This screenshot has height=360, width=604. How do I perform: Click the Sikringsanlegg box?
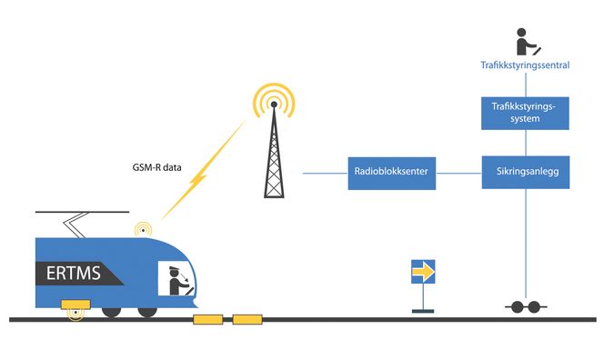tap(525, 171)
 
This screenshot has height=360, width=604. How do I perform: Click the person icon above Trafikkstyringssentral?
tap(524, 41)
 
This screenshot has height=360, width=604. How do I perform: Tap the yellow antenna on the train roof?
tap(142, 228)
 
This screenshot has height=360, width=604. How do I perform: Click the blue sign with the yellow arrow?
tap(423, 271)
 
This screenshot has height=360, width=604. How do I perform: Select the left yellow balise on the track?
tap(208, 319)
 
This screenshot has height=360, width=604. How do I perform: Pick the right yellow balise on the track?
tap(246, 319)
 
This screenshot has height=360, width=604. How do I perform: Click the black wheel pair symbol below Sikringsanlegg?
tap(525, 307)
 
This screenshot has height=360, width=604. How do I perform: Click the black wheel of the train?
tap(112, 311)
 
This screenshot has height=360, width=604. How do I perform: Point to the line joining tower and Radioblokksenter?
tap(324, 172)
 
